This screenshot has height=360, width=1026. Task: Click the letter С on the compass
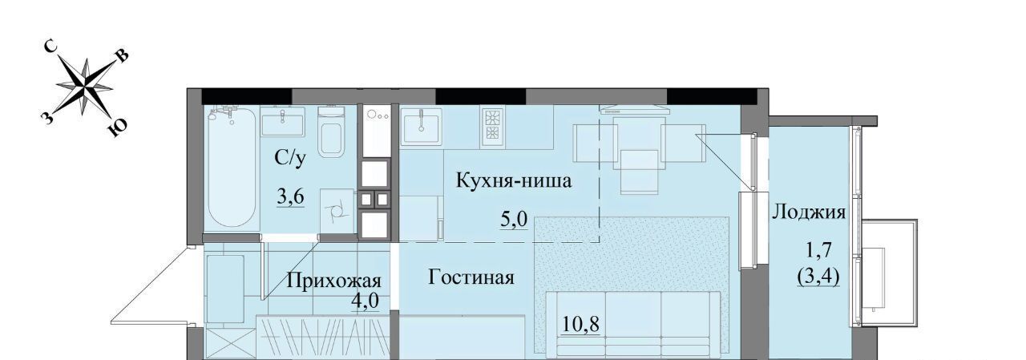coord(50,47)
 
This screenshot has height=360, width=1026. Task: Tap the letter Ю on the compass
coord(117,129)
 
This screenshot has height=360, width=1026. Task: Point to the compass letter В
coord(123,56)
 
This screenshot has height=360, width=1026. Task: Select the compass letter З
coord(46,119)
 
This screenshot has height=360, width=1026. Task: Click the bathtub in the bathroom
coord(231,167)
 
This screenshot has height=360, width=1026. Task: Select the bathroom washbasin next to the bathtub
coord(282,122)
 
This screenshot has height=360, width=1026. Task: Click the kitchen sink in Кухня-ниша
coord(421,126)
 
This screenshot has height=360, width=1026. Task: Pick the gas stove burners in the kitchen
coord(492,126)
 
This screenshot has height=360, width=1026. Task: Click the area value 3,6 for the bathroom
coord(290,197)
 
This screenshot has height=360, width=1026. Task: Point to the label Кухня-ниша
coord(514,181)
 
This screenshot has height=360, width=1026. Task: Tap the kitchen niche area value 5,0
coord(514,220)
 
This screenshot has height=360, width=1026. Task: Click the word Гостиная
coord(471,277)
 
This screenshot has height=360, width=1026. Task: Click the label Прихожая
coord(334,281)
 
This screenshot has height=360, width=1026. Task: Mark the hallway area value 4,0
coord(365,301)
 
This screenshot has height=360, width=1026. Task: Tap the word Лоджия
coord(809,213)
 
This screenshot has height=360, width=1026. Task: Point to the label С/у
coord(290,159)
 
